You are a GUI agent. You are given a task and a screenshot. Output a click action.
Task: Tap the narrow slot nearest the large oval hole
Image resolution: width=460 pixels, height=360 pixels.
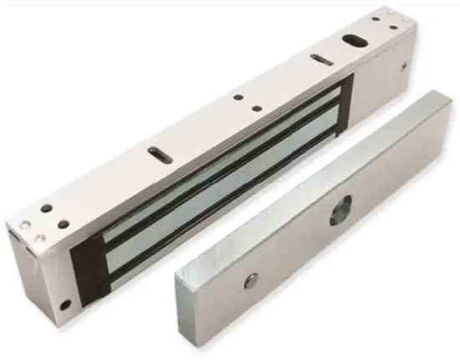click(319, 58)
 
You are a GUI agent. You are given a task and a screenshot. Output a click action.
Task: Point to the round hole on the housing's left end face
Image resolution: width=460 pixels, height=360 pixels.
click(65, 302)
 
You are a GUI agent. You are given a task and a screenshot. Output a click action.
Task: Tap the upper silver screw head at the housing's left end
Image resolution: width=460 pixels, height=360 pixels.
click(25, 222)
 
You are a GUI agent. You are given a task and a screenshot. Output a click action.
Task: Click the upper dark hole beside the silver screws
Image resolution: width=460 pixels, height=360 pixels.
click(47, 208)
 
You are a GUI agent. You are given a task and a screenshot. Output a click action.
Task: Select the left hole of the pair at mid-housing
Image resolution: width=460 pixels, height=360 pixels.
click(238, 97)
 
